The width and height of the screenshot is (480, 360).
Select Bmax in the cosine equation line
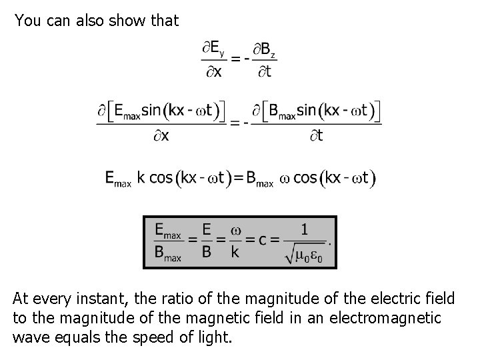(x=259, y=179)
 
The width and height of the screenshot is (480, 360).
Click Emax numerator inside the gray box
(x=168, y=231)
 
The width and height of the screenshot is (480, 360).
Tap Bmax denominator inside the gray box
(x=168, y=253)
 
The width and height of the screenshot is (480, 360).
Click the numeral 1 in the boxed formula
(x=304, y=230)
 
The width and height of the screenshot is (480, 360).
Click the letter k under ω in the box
(x=235, y=253)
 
